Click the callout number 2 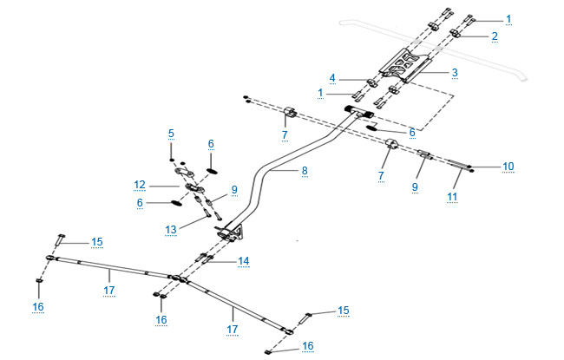point(495,36)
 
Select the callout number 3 point(455,73)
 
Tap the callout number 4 point(332,78)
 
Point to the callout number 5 point(171,134)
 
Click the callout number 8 point(305,171)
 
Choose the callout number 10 point(508,167)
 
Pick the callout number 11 point(452,197)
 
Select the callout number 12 point(140,185)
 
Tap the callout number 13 point(171,230)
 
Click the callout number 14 point(244,261)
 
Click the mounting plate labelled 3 point(406,65)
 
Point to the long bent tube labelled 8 point(273,169)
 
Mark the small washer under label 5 point(172,160)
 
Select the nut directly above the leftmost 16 point(38,280)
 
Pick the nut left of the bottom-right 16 point(268,351)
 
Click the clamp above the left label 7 point(291,112)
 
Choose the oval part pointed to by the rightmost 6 point(372,128)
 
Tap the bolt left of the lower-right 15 point(305,318)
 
